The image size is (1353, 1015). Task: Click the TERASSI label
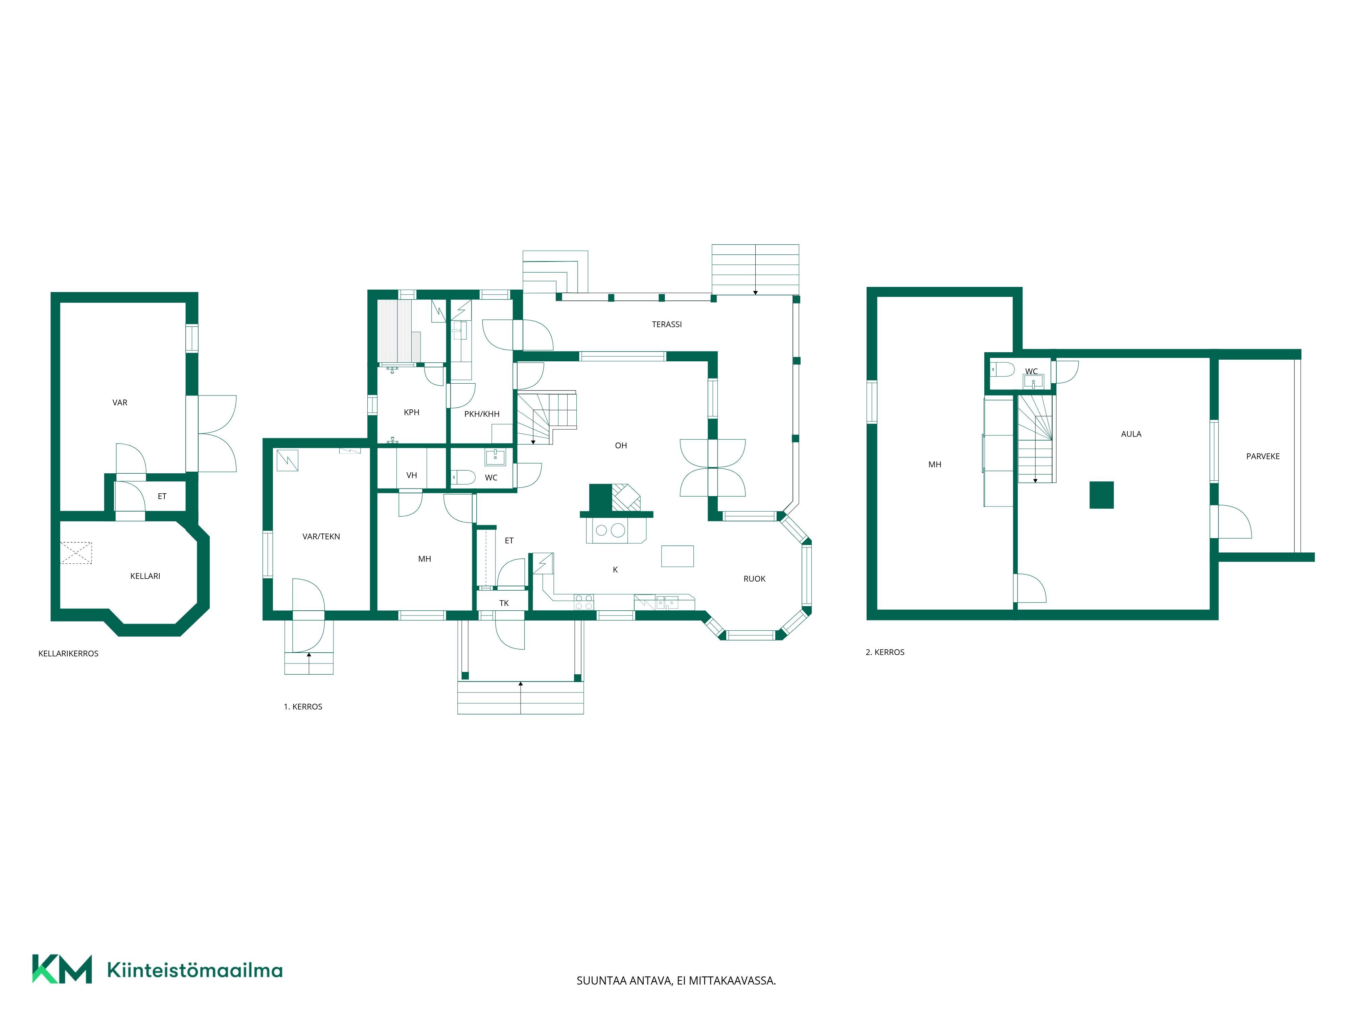(667, 324)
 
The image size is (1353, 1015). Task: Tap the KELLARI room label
(145, 576)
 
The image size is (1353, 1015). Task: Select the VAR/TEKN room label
(321, 537)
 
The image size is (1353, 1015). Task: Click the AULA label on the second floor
(1131, 434)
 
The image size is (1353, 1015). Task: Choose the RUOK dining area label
(754, 579)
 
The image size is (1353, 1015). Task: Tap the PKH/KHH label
(482, 414)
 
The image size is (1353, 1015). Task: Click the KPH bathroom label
(412, 412)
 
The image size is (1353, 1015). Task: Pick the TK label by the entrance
(504, 603)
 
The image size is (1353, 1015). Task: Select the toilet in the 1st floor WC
(464, 477)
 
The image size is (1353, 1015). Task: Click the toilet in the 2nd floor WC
(1003, 369)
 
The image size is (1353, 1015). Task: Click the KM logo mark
(62, 969)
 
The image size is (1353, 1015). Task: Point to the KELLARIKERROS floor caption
(69, 653)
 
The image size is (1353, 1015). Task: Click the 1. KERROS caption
(303, 707)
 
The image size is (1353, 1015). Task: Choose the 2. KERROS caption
(885, 652)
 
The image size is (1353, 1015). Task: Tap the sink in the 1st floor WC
(496, 456)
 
